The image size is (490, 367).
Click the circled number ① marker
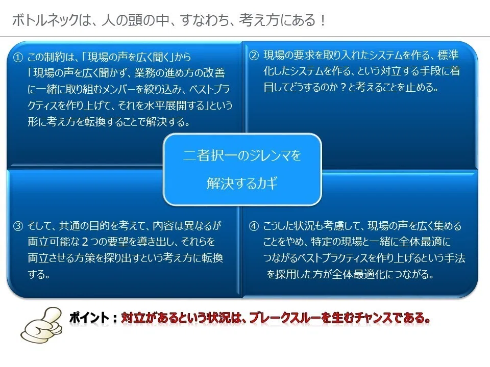pos(18,57)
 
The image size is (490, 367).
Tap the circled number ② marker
pos(254,55)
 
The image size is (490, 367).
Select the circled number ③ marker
pos(18,225)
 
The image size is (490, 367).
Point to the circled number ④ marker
pos(254,226)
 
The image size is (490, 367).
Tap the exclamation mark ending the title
pos(323,20)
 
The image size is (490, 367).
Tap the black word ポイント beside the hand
pos(89,318)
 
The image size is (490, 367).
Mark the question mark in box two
pos(343,87)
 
